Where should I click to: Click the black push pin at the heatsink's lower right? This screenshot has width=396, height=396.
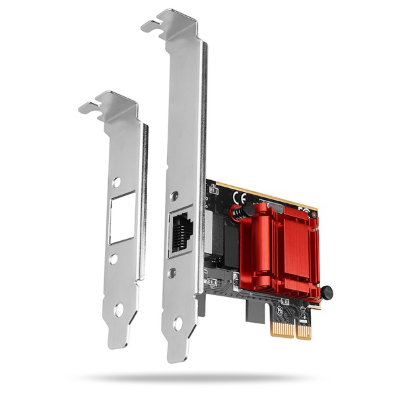point(327,292)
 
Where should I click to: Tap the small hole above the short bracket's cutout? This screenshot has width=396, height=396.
point(116,181)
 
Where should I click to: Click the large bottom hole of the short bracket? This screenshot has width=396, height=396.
point(119,308)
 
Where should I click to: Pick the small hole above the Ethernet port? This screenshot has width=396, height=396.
point(174,196)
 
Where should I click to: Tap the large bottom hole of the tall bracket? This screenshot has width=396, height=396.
point(178,323)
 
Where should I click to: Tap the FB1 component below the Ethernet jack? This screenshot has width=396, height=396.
point(212,282)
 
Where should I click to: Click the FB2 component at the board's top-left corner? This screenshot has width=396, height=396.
point(213,189)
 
